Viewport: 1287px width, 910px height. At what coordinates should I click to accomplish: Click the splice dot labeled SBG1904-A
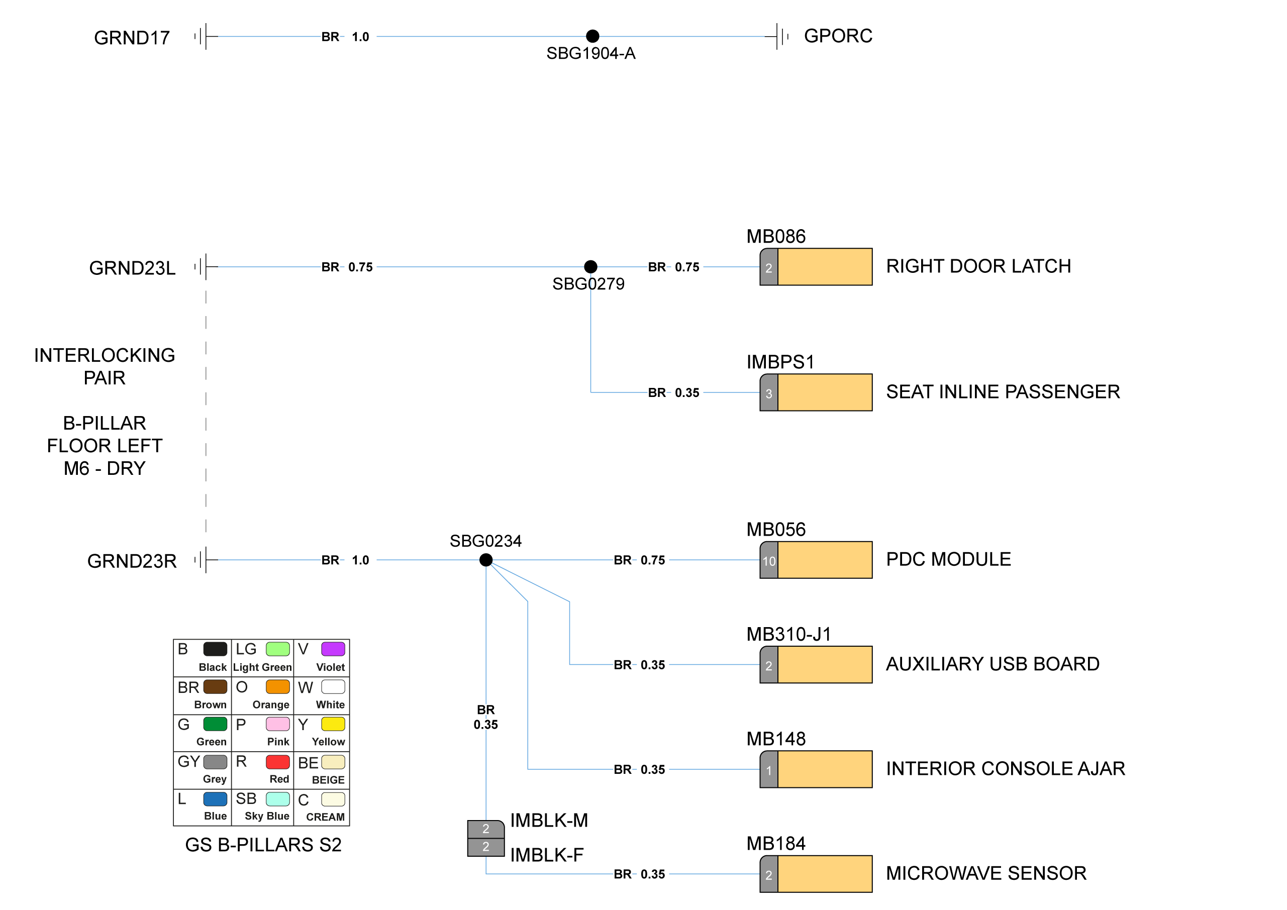coord(592,36)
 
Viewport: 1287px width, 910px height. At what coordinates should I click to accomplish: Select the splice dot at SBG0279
coord(590,267)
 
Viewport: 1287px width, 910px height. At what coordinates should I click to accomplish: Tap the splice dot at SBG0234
coord(486,560)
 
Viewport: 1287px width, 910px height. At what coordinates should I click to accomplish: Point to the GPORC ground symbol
coord(780,36)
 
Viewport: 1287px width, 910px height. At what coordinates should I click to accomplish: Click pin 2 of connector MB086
coord(768,267)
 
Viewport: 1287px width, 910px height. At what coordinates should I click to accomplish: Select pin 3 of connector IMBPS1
coord(768,393)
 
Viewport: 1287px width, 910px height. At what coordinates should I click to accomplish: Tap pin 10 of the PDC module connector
coord(768,560)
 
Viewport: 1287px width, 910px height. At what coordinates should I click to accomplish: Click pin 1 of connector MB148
coord(768,770)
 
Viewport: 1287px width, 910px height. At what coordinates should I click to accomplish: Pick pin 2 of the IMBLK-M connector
coord(485,829)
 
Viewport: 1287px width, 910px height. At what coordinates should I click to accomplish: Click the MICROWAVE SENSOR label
coord(985,873)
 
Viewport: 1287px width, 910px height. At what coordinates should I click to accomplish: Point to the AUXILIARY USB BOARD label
coord(992,664)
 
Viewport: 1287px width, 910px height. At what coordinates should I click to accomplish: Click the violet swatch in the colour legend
coord(333,649)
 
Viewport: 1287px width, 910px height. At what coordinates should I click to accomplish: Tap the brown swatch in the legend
coord(215,686)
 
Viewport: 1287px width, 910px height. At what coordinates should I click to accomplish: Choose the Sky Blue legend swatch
coord(277,799)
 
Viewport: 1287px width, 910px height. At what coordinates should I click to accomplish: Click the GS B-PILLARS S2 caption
coord(263,845)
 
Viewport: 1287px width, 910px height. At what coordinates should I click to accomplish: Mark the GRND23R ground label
coord(132,561)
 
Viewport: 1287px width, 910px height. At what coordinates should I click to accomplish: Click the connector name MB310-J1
coord(788,634)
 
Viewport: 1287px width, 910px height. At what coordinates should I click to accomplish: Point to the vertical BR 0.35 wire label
coord(485,717)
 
